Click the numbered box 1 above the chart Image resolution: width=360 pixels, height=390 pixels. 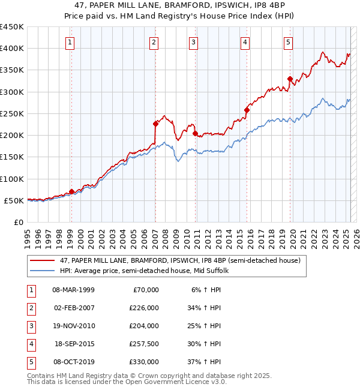71,42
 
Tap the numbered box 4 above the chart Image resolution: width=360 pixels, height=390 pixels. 246,42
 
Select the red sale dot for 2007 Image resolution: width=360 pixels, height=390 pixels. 155,124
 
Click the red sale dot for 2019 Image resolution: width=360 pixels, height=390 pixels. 290,79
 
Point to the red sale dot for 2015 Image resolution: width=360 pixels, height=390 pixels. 247,110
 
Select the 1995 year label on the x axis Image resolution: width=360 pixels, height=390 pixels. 27,236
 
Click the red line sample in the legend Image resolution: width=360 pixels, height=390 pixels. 41,261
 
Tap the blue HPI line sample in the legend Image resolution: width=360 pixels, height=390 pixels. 41,271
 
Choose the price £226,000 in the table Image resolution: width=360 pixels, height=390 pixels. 144,308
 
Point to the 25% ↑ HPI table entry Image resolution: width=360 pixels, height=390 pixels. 205,326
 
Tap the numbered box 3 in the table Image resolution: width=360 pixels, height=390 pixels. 29,326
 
